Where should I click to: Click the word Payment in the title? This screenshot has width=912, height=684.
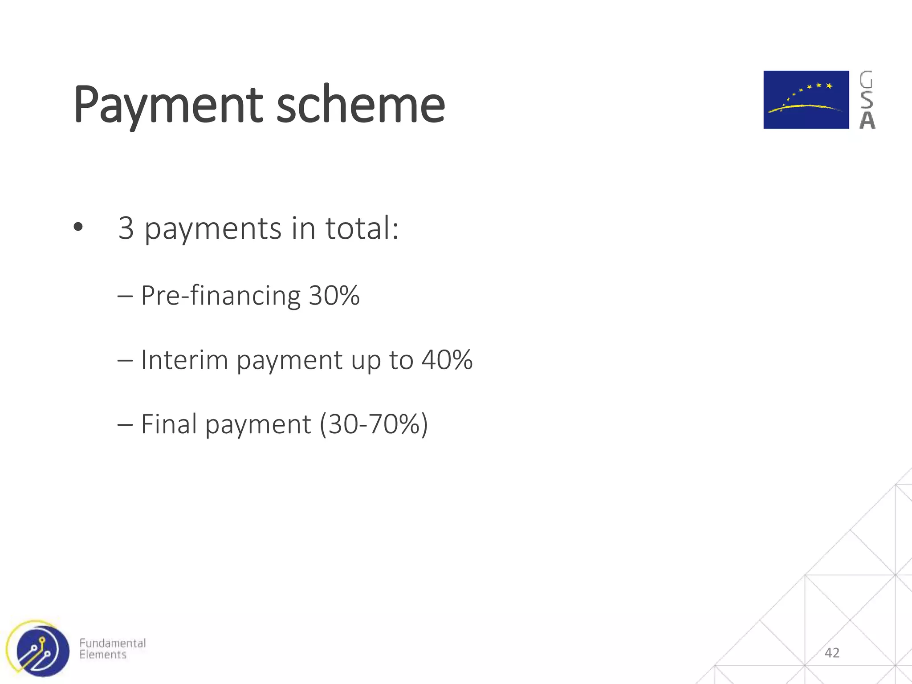click(x=168, y=105)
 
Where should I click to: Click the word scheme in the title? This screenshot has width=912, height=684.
click(x=360, y=105)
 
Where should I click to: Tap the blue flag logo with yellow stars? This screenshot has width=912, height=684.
click(x=806, y=100)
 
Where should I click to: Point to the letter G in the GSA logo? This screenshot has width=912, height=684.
click(x=866, y=80)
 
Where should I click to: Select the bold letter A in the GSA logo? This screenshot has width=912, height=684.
click(x=867, y=120)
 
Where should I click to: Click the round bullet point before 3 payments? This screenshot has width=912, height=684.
click(x=78, y=228)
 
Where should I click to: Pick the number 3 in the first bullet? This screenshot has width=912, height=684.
click(x=126, y=228)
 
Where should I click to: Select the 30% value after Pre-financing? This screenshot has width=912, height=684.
click(x=334, y=296)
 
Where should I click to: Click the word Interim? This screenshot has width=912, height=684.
click(x=184, y=360)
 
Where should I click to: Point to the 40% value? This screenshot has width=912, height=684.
click(x=447, y=360)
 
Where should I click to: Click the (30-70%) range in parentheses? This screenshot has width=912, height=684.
click(x=374, y=424)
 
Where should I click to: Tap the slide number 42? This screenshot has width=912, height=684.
click(x=832, y=653)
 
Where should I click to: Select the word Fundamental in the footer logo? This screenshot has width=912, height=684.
click(x=112, y=643)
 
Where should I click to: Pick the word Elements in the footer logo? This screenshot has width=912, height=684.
click(x=103, y=655)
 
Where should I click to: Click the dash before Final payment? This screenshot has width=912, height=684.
click(x=125, y=425)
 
